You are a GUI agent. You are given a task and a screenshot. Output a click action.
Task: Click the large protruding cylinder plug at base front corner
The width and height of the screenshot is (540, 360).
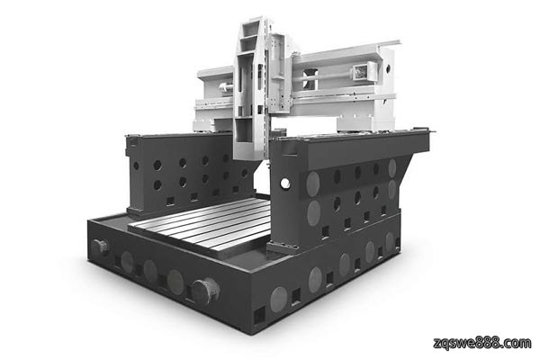pyautogui.click(x=205, y=291)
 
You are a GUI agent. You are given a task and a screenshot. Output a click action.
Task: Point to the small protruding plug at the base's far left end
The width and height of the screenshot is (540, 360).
pyautogui.click(x=100, y=247)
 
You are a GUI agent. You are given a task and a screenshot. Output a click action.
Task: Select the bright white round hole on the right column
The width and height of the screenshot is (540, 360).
pyautogui.click(x=285, y=184)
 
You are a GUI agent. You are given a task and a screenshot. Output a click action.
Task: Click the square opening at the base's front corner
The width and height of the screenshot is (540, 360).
pyautogui.click(x=259, y=315)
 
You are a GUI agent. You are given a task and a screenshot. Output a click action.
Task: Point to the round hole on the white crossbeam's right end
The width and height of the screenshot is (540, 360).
pyautogui.click(x=388, y=67)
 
